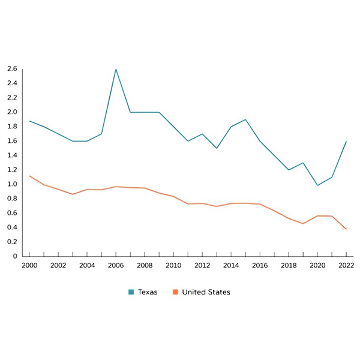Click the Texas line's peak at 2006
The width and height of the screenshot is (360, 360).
(x=116, y=69)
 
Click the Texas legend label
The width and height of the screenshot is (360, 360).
(x=148, y=292)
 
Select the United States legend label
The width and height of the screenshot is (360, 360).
(x=206, y=292)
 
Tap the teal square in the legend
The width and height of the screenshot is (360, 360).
(x=131, y=292)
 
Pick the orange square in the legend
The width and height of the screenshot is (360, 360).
(x=175, y=292)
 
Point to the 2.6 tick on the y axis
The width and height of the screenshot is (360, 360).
(x=12, y=68)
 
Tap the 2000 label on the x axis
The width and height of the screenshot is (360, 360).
(x=29, y=265)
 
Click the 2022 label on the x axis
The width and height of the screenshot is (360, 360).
(x=346, y=265)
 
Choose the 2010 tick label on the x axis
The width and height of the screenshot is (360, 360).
(x=173, y=265)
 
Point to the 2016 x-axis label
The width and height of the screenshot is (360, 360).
(x=260, y=265)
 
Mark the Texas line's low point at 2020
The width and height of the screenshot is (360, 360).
(x=317, y=185)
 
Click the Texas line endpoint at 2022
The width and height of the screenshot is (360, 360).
(x=346, y=142)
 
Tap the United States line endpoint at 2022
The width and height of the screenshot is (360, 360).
(x=346, y=229)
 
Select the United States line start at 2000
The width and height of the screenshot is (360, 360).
(x=29, y=176)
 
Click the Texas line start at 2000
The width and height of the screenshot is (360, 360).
(x=29, y=121)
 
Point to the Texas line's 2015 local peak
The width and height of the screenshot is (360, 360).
(x=245, y=119)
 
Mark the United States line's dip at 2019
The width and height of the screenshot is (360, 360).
(x=303, y=224)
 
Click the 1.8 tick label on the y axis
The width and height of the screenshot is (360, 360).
(x=12, y=127)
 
